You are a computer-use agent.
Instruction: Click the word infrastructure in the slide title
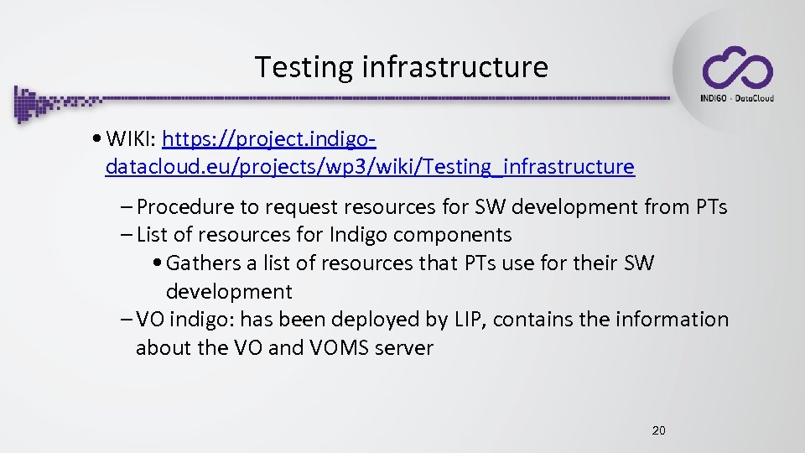pos(454,66)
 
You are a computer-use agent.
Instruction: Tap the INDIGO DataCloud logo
pos(737,74)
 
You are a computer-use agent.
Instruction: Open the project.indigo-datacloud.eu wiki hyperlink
pos(370,166)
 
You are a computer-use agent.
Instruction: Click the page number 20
pos(658,430)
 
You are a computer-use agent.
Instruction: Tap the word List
pos(153,235)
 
